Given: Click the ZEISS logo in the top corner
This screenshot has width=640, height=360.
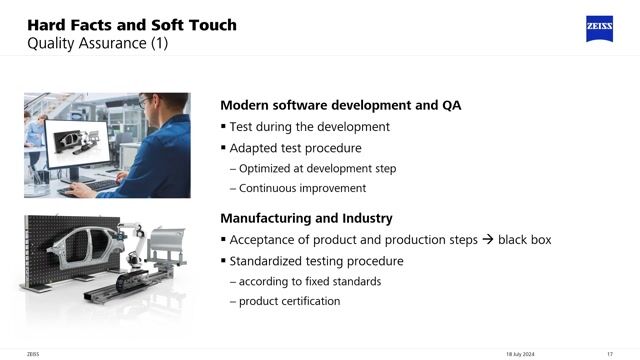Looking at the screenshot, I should click(x=599, y=29).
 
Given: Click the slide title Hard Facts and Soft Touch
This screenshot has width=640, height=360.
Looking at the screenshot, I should click(x=131, y=24).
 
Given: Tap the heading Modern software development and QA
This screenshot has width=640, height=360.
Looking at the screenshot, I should click(x=340, y=106).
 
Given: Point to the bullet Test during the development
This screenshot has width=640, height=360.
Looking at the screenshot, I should click(x=310, y=127).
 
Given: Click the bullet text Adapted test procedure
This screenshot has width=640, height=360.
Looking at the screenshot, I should click(x=296, y=148).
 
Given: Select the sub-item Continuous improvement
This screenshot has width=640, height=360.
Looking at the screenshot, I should click(x=303, y=188).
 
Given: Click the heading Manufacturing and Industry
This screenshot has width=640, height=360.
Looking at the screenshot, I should click(x=306, y=218).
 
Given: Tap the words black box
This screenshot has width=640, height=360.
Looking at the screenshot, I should click(x=525, y=240).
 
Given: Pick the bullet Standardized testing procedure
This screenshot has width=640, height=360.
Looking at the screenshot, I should click(x=317, y=261).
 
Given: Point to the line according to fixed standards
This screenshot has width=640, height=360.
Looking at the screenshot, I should click(x=310, y=281).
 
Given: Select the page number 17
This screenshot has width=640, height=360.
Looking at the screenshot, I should click(x=609, y=352).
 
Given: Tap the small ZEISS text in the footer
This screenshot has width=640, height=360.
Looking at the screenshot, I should click(x=33, y=352).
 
